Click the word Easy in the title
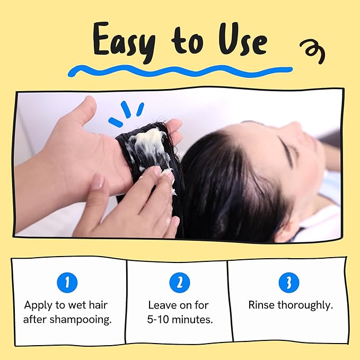[x=124, y=41]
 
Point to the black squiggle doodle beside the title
[x=313, y=51]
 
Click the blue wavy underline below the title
[x=180, y=71]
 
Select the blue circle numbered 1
[x=67, y=283]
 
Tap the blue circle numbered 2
[x=180, y=283]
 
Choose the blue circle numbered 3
[x=289, y=283]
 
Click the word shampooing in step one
[x=81, y=320]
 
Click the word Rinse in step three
[x=261, y=305]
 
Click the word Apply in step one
[x=38, y=305]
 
